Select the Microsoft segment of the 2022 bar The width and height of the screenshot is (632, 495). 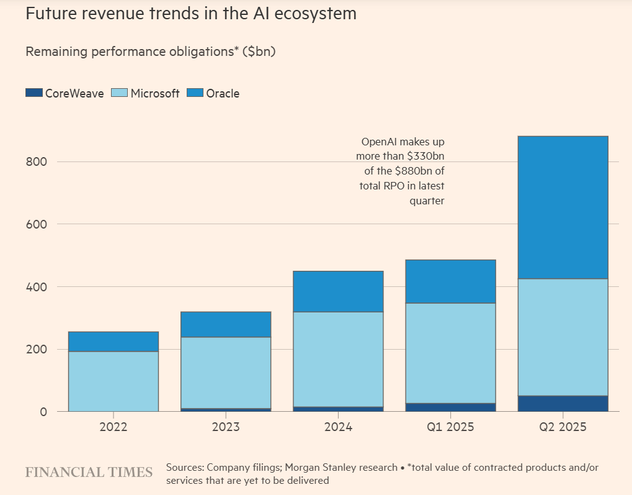(113, 381)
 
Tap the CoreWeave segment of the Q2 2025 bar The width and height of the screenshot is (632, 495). (563, 403)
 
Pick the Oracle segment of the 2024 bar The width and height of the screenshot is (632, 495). (338, 291)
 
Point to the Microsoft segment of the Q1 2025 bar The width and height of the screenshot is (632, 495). (450, 353)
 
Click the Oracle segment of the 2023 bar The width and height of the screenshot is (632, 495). (226, 324)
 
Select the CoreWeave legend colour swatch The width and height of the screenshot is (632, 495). (33, 93)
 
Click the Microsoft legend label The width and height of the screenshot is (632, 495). (155, 93)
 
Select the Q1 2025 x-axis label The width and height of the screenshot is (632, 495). (450, 427)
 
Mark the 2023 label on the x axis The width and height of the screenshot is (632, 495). (226, 427)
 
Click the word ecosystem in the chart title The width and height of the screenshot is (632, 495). (316, 14)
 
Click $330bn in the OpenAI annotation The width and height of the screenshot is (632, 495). (422, 157)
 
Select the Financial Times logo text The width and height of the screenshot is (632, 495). (89, 473)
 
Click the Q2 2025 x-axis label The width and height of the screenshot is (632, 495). (563, 427)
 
